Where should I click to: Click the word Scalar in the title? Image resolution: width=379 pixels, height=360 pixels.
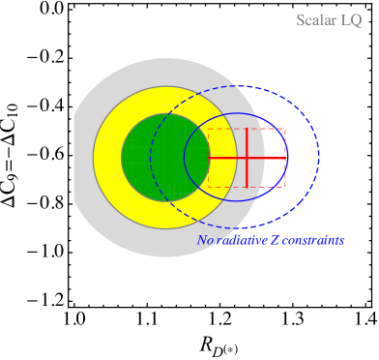click(x=316, y=20)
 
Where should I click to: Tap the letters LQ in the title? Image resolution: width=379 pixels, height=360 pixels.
click(x=351, y=20)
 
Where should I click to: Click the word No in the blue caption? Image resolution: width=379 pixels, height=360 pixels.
click(x=205, y=240)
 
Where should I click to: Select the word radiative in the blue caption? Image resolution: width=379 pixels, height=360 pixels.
click(x=241, y=240)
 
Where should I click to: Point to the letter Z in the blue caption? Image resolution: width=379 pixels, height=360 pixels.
click(x=276, y=240)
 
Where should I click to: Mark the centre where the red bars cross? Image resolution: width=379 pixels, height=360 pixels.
click(x=247, y=158)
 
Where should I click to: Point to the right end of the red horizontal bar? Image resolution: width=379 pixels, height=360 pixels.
click(x=286, y=158)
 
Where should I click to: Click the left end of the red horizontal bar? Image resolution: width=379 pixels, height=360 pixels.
click(x=209, y=158)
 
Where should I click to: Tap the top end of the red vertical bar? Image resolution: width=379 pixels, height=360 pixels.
click(x=247, y=129)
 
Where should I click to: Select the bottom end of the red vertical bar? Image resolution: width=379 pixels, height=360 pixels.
click(x=247, y=187)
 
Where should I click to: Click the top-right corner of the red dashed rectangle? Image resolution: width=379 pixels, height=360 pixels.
click(x=285, y=129)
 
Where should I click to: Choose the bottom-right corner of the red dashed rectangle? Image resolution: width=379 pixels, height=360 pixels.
click(x=285, y=187)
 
